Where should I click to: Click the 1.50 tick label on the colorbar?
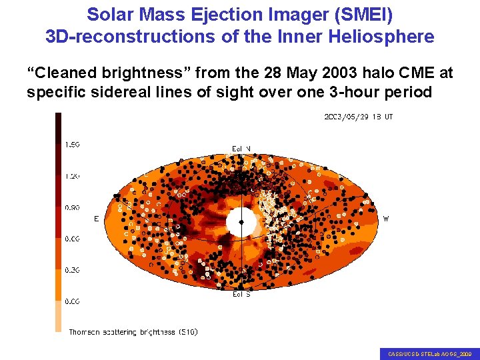[72, 143]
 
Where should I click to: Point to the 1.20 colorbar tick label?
[72, 175]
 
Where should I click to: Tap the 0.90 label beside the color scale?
[72, 207]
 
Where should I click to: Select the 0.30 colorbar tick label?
[72, 269]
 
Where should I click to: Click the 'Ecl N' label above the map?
[241, 148]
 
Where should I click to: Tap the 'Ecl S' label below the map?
[241, 294]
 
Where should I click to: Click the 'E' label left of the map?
[97, 218]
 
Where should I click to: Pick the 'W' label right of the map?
[386, 218]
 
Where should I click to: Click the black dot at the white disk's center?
[241, 222]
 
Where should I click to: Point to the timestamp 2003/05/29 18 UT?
[358, 117]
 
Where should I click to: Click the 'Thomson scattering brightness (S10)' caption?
[133, 331]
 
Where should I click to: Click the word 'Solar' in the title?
[109, 14]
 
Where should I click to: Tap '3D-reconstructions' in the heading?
[127, 36]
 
